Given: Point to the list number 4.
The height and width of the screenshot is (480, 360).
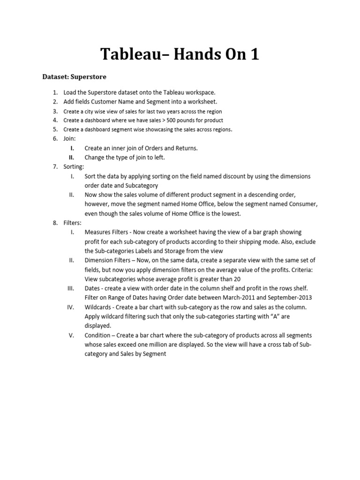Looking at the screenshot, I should [55, 120].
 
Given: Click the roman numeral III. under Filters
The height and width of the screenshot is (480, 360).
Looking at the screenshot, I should [72, 288].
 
